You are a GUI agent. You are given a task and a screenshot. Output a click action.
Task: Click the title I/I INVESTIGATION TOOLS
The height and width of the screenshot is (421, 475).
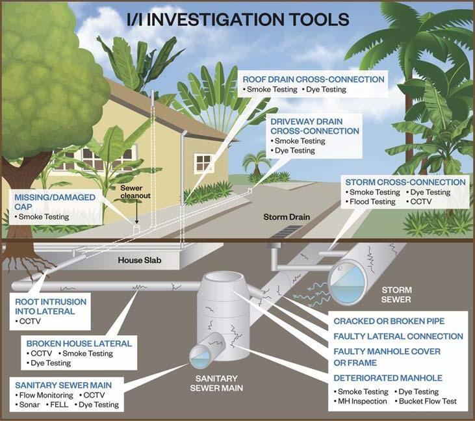tap(238, 19)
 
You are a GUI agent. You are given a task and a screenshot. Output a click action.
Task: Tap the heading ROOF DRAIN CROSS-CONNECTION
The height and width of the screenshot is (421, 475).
tap(313, 79)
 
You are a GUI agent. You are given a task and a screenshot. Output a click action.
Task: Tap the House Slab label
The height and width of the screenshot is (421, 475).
tap(138, 261)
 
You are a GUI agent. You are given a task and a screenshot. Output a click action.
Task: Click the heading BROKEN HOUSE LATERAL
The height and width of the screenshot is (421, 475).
tap(79, 343)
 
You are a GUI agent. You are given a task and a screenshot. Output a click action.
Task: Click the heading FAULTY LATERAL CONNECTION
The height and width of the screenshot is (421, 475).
tap(398, 337)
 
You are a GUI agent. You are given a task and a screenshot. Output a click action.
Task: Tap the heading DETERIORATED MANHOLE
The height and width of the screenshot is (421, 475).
tap(388, 377)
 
